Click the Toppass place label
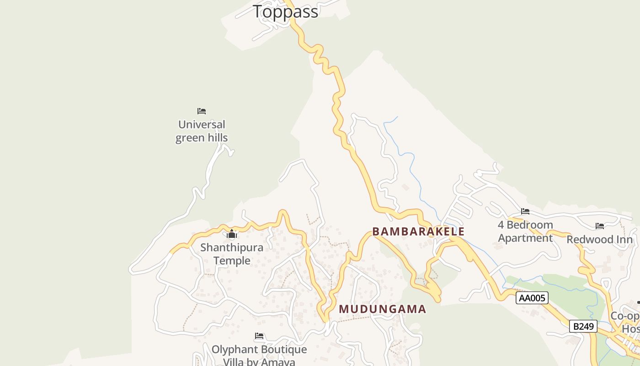pos(285,11)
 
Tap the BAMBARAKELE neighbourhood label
pos(418,231)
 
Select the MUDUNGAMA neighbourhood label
pos(382,309)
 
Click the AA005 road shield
pos(532,298)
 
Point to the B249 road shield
pos(583,326)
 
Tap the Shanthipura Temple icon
pos(232,235)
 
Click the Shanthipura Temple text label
pos(232,254)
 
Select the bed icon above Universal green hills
pos(202,111)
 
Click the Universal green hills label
pos(202,131)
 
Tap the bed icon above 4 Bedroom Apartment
pos(525,211)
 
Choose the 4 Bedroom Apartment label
pos(525,231)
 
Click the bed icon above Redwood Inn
pos(600,226)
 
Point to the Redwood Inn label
pos(600,240)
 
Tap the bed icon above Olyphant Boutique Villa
pos(259,336)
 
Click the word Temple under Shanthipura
pos(232,261)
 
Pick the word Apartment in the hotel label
pos(525,238)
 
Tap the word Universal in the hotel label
pos(202,124)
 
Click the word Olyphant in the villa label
pos(233,350)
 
